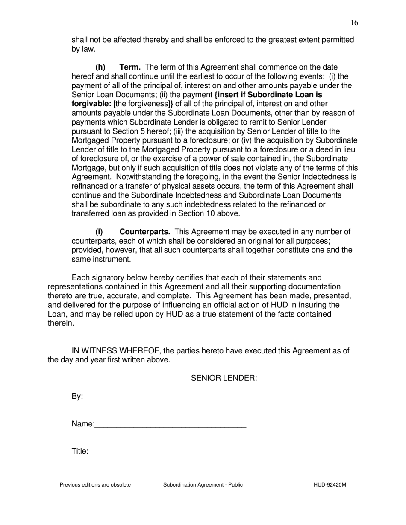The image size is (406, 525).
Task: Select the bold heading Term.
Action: (130, 67)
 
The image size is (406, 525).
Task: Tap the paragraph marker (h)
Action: (100, 67)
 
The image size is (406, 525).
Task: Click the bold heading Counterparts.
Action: (145, 232)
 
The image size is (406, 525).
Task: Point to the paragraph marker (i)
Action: (99, 232)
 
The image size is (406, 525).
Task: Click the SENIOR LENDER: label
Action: (224, 378)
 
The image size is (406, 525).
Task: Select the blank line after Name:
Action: (170, 425)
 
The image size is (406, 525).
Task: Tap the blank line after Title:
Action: (166, 452)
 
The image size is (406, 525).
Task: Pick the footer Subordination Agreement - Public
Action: (203, 485)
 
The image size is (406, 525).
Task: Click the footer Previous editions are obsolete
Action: (95, 485)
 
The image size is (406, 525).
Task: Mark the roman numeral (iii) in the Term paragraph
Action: (177, 131)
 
